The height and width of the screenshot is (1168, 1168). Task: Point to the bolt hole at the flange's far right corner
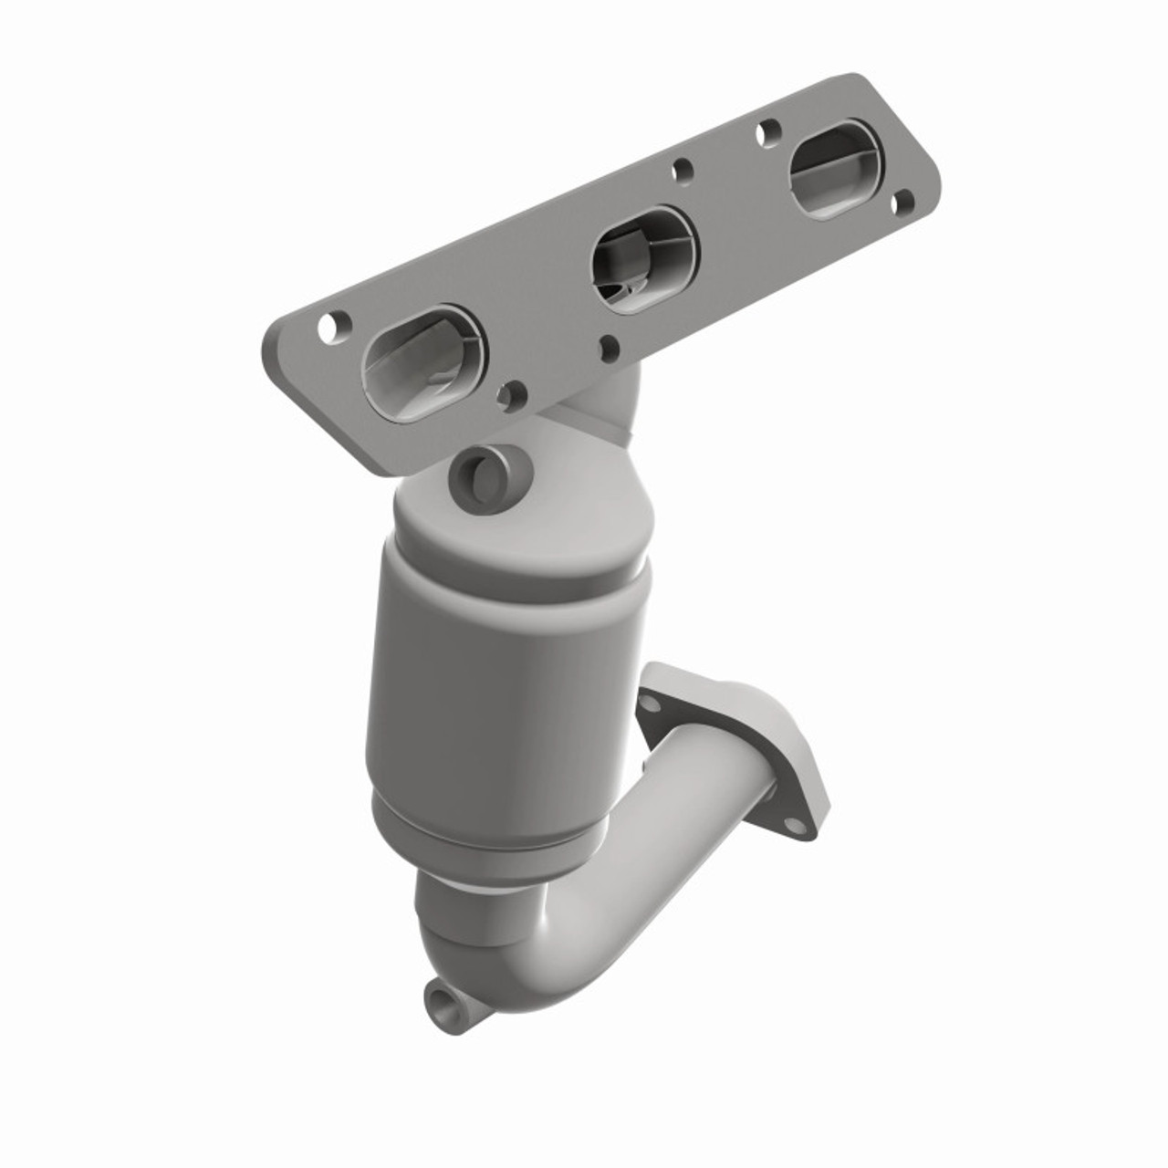point(902,203)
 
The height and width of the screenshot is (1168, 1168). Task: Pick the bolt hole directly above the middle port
point(681,170)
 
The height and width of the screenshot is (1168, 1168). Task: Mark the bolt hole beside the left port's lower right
point(512,394)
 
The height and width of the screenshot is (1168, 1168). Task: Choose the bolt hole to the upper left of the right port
point(767,131)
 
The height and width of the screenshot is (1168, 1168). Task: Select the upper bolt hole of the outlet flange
point(649,704)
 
